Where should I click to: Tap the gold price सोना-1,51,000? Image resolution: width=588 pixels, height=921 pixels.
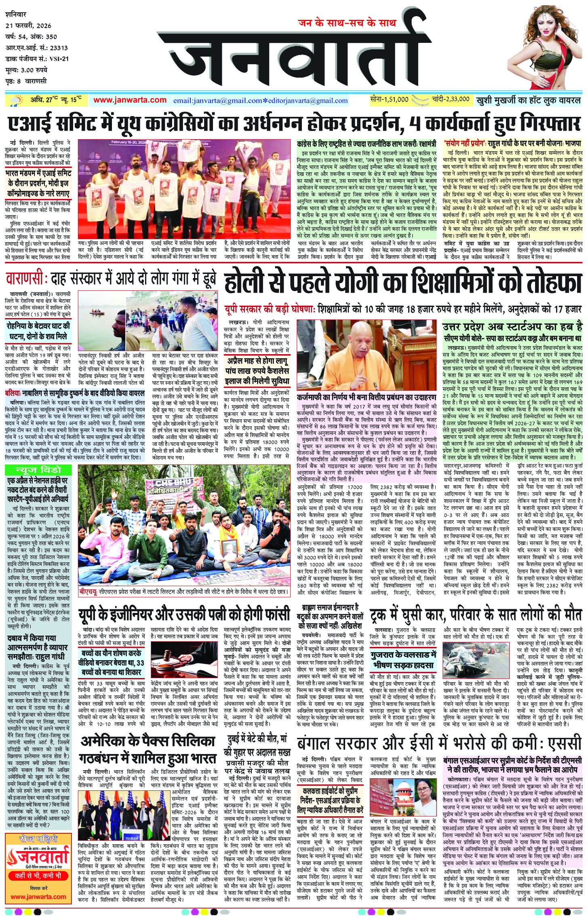point(389,99)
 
